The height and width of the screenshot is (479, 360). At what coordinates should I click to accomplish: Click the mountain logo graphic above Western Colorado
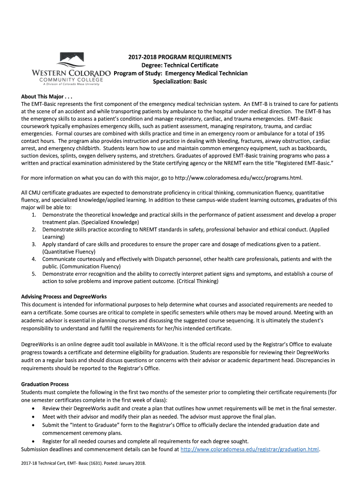(x=71, y=60)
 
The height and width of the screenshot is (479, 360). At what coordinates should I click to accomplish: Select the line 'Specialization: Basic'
(x=180, y=81)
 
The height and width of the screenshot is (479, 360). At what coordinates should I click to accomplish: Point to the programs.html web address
(x=238, y=178)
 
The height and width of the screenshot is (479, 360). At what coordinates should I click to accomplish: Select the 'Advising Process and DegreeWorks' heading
(x=64, y=297)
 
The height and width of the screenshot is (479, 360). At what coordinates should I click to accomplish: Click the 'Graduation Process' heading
(x=45, y=384)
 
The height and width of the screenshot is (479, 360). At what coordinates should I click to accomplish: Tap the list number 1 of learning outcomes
(x=34, y=214)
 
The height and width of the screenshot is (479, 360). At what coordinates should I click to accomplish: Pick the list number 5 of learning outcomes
(x=34, y=274)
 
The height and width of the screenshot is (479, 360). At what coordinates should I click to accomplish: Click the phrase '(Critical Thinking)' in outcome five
(x=197, y=281)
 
